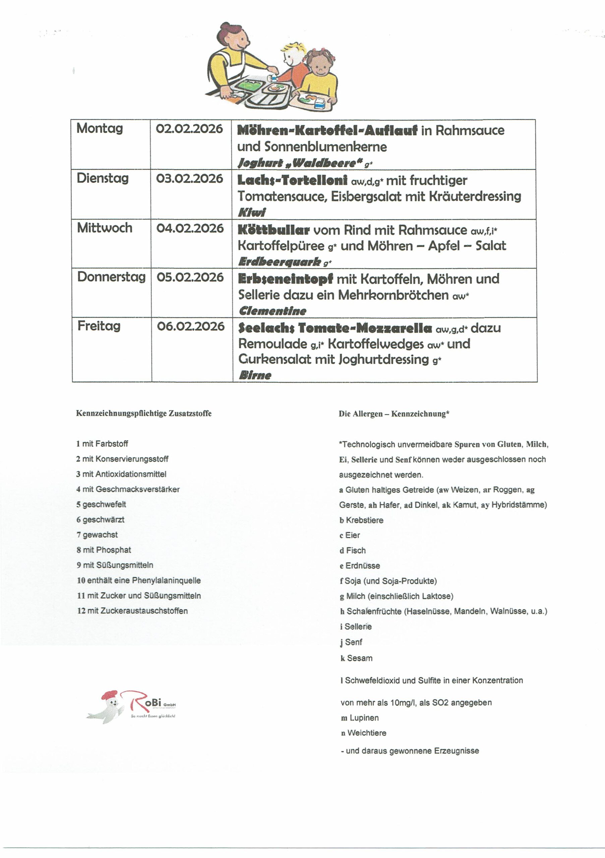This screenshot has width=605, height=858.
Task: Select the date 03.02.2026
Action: pos(189,179)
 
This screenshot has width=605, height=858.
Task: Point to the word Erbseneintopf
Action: pos(286,279)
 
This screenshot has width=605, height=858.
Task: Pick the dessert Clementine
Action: pos(272,311)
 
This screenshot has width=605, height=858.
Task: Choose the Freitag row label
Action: pos(99,326)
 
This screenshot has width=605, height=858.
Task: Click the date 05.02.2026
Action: pos(190,277)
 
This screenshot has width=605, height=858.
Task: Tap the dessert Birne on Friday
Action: pos(255,375)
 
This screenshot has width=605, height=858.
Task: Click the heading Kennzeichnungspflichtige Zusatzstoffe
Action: pos(144,413)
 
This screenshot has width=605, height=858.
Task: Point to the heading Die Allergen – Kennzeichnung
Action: pos(394,414)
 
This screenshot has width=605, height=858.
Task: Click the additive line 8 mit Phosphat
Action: pos(104,550)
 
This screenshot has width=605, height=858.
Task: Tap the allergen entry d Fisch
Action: pos(352,550)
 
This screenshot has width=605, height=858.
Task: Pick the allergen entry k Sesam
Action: pos(356,658)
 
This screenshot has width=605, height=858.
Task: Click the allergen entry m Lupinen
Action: pos(360,718)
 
